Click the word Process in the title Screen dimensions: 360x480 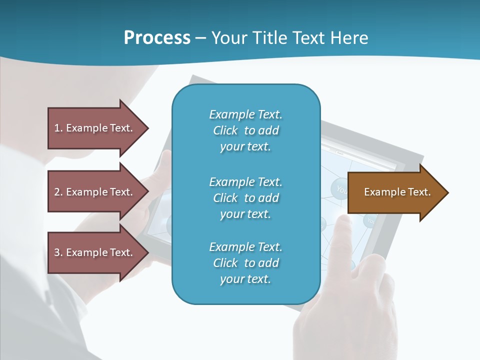[x=157, y=37]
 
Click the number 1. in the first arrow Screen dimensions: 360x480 [x=58, y=128]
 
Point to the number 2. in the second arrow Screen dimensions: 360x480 [x=58, y=192]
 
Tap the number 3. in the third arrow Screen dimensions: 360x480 [x=58, y=252]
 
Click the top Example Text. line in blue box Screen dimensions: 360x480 [x=245, y=114]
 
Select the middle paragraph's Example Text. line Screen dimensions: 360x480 [x=245, y=182]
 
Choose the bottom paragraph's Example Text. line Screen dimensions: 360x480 [x=245, y=247]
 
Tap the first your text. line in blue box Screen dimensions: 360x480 [x=245, y=146]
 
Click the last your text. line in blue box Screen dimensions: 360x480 [x=245, y=279]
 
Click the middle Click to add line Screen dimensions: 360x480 [x=245, y=198]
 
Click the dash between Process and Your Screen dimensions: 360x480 [x=200, y=38]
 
